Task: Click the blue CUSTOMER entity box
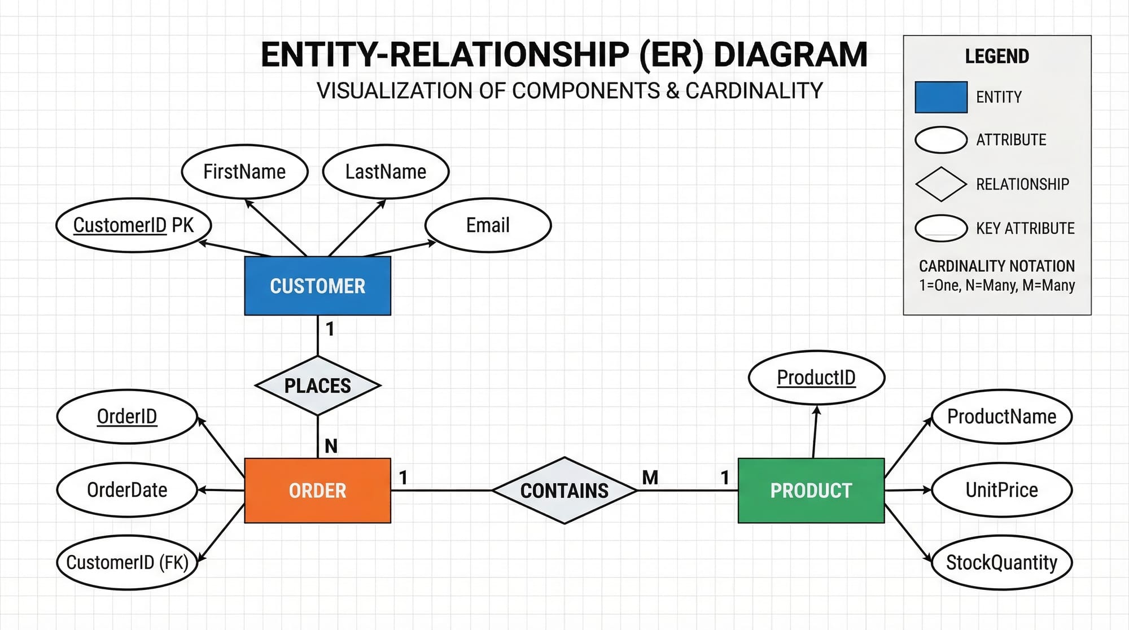[x=317, y=286]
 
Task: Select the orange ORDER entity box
[x=317, y=490]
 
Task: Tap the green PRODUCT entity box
[x=811, y=490]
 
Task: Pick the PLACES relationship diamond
[x=318, y=386]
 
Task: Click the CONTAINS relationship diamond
[x=564, y=490]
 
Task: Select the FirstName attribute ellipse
[x=244, y=172]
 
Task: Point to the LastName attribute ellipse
[x=386, y=172]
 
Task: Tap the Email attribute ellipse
[x=488, y=225]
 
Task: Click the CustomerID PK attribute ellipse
[x=133, y=225]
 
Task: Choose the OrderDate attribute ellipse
[x=127, y=489]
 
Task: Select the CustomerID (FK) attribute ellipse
[x=127, y=562]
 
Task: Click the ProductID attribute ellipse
[x=816, y=377]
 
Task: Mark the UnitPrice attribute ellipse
[x=1001, y=489]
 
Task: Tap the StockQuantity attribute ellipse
[x=1001, y=562]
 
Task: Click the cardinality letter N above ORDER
[x=331, y=446]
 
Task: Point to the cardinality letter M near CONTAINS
[x=650, y=478]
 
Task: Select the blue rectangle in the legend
[x=941, y=97]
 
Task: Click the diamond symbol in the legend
[x=941, y=184]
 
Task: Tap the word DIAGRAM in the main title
[x=790, y=55]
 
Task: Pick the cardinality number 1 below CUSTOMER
[x=330, y=329]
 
